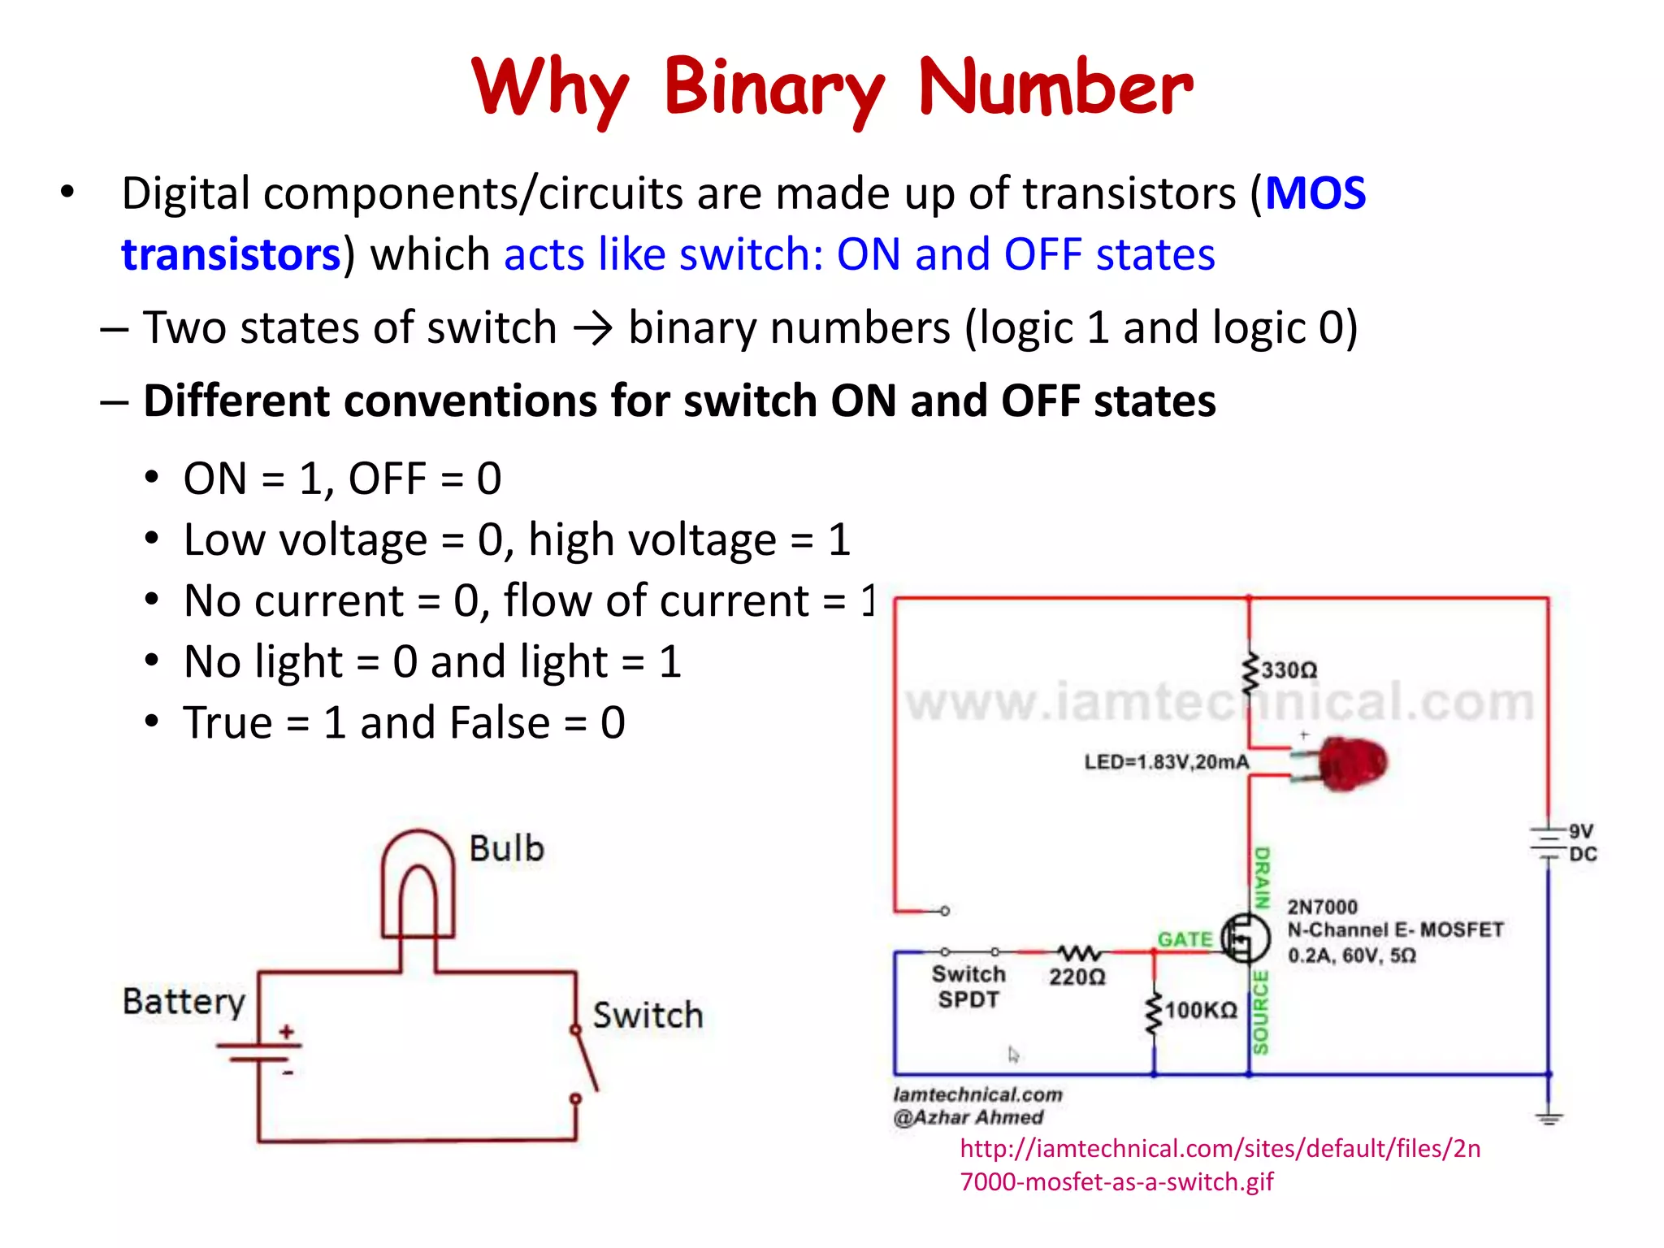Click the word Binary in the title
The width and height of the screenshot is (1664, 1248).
pyautogui.click(x=774, y=88)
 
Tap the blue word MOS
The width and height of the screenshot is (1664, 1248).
pyautogui.click(x=1315, y=194)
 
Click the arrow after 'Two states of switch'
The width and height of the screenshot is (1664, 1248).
pyautogui.click(x=592, y=329)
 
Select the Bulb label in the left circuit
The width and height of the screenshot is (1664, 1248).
pyautogui.click(x=506, y=849)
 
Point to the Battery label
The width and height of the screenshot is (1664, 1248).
pyautogui.click(x=184, y=1002)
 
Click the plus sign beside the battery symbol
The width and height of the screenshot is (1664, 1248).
pyautogui.click(x=286, y=1032)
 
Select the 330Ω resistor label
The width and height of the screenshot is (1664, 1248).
pyautogui.click(x=1289, y=670)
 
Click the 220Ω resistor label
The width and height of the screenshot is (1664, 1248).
pyautogui.click(x=1077, y=977)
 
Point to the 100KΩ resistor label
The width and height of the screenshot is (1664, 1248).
pyautogui.click(x=1201, y=1011)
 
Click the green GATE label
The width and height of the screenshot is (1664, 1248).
pyautogui.click(x=1185, y=939)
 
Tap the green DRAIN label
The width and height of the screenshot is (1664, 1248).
pyautogui.click(x=1262, y=877)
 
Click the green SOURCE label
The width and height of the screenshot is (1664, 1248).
pyautogui.click(x=1260, y=1012)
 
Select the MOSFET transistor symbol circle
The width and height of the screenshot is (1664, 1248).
pyautogui.click(x=1246, y=938)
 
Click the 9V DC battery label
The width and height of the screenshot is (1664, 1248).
pyautogui.click(x=1582, y=843)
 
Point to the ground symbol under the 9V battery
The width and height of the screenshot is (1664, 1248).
pyautogui.click(x=1549, y=1118)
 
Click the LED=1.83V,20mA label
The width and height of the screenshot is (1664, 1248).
pyautogui.click(x=1166, y=762)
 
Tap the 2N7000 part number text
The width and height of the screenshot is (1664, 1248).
pyautogui.click(x=1322, y=907)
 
